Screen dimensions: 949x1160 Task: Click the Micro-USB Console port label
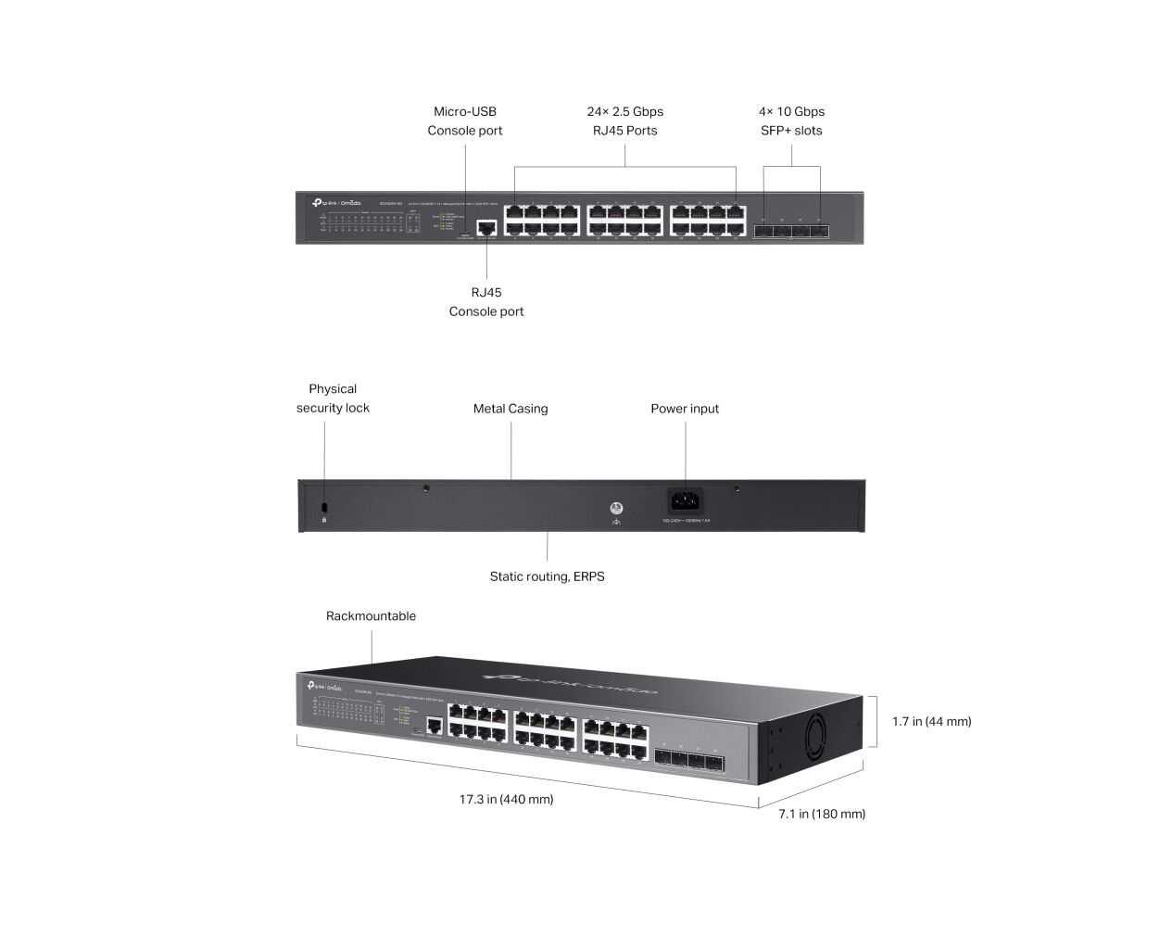tap(464, 121)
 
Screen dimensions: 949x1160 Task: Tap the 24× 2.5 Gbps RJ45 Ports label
tap(624, 121)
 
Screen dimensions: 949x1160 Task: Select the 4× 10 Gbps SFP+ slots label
tap(791, 121)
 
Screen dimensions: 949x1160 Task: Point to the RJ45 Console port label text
tap(486, 302)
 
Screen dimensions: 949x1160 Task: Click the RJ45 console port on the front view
tap(485, 226)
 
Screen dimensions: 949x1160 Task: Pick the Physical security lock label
tap(333, 399)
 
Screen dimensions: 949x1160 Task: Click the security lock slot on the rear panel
tap(323, 508)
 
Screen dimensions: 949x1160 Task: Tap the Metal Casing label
tap(511, 409)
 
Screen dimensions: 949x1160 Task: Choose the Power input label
tap(685, 409)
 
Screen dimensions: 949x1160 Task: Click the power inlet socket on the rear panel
tap(686, 501)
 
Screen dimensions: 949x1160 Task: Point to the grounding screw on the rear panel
tap(616, 509)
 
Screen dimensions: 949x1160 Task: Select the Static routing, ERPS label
tap(547, 576)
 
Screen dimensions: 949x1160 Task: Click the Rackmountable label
tap(371, 616)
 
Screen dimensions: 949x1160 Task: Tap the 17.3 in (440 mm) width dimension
tap(506, 799)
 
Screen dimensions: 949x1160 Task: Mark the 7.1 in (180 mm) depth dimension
tap(822, 814)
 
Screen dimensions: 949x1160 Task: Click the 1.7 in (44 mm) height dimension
tap(931, 721)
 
